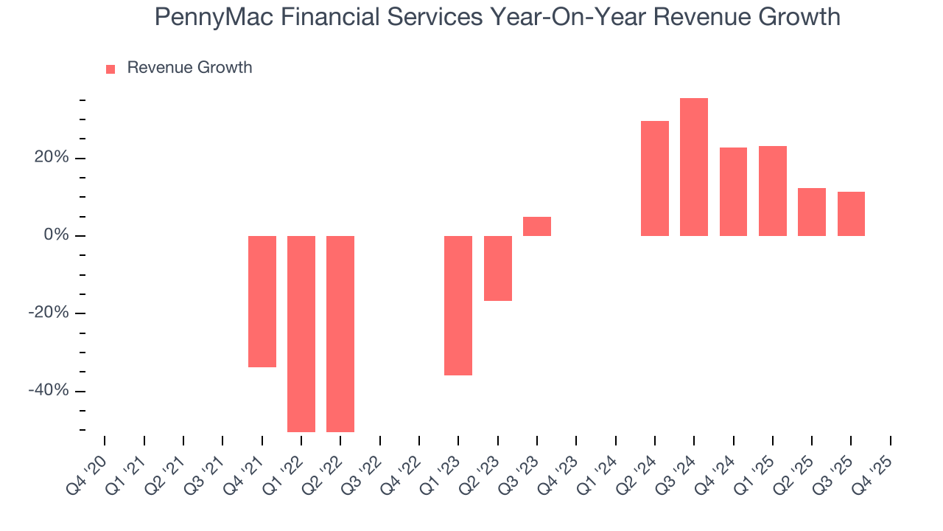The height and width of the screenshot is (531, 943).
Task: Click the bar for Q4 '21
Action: click(x=262, y=301)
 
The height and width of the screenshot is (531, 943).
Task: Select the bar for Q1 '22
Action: click(x=301, y=333)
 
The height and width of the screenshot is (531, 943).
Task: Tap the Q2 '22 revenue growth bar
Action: click(x=340, y=333)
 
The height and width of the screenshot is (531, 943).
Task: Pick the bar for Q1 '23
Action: click(x=458, y=305)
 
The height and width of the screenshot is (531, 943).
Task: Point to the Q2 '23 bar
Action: click(x=497, y=268)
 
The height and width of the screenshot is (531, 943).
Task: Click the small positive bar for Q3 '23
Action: click(x=537, y=226)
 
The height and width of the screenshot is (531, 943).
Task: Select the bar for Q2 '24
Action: click(x=655, y=178)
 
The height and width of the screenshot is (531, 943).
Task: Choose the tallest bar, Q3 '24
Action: click(x=694, y=167)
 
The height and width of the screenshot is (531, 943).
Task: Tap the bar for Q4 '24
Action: click(x=733, y=192)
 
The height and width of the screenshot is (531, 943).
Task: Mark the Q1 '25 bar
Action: click(x=773, y=191)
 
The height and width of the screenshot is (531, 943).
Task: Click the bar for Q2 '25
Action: click(x=812, y=212)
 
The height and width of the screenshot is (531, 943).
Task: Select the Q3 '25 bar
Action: click(x=851, y=214)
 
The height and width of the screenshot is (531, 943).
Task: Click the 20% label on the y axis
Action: click(x=51, y=158)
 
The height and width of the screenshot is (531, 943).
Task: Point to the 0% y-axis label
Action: click(x=55, y=235)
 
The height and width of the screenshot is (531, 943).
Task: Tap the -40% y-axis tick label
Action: click(x=48, y=390)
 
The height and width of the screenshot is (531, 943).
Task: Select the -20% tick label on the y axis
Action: click(x=48, y=313)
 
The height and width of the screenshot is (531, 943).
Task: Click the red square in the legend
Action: click(x=111, y=69)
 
